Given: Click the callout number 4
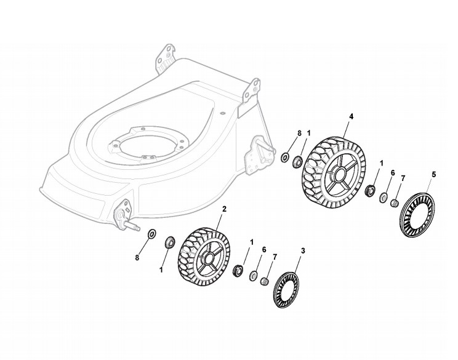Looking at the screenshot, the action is click(351, 117).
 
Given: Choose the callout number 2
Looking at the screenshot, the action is click(223, 209).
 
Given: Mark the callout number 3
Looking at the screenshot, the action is click(302, 250).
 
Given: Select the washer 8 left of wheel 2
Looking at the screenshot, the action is click(152, 234).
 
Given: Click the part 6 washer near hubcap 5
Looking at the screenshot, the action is click(383, 198).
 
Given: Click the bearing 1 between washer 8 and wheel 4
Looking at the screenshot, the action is click(297, 162).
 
